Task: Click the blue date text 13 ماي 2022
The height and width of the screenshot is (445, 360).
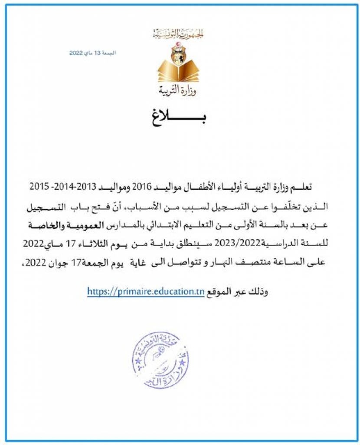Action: (93, 53)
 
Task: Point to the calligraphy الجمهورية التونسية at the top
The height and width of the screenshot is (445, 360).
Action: (178, 33)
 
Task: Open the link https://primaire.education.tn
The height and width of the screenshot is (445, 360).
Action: (145, 291)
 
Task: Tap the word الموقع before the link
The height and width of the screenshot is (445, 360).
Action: (217, 292)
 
